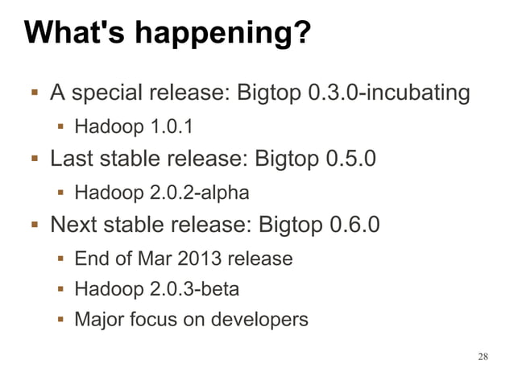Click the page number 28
pos(483,356)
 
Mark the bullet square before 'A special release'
pos(33,93)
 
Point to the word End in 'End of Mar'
pos(91,259)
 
